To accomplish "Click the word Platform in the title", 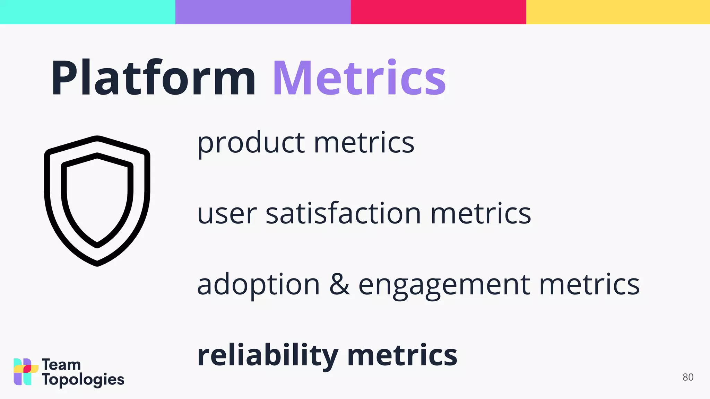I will (153, 78).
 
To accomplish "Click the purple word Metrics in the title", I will (359, 78).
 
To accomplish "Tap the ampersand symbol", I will (339, 284).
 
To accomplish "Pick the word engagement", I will (444, 285).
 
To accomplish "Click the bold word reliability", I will (268, 355).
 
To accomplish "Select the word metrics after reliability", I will (402, 355).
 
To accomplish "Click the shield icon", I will (97, 201).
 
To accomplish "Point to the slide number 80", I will (688, 377).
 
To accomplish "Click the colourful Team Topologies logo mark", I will (25, 372).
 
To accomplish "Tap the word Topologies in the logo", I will (83, 380).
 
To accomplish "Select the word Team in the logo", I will (61, 365).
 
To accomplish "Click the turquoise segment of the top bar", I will (87, 12).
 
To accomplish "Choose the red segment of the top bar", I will (438, 12).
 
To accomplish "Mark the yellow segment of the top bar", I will (618, 12).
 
